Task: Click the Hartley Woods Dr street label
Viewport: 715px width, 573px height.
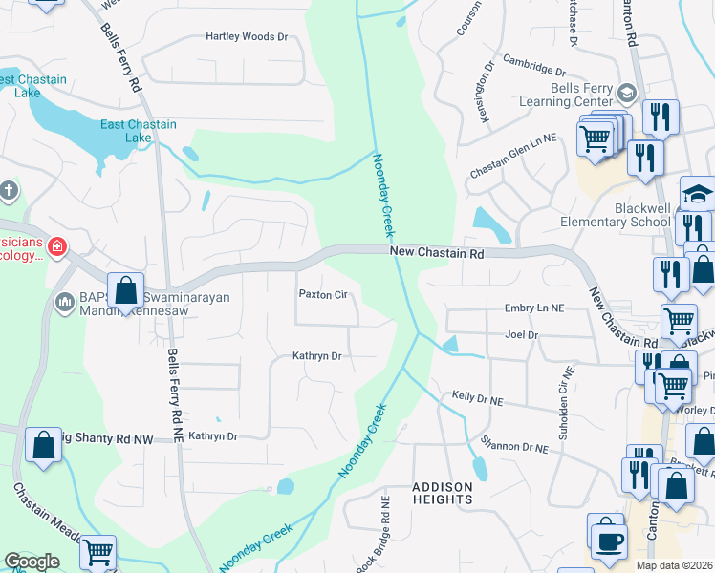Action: click(x=247, y=37)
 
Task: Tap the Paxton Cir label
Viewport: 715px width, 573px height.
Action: click(x=323, y=295)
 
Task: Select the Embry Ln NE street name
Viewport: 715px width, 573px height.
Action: click(x=535, y=308)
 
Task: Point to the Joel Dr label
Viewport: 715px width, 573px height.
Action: click(x=522, y=335)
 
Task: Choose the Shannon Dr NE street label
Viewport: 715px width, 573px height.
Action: click(x=514, y=447)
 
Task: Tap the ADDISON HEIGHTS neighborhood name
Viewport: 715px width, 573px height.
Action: click(x=443, y=493)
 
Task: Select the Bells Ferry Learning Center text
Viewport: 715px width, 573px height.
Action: click(x=567, y=94)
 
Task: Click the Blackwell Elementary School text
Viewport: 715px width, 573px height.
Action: click(x=617, y=215)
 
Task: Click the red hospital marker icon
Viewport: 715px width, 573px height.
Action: click(x=57, y=247)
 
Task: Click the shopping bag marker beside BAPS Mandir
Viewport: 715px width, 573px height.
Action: click(x=126, y=289)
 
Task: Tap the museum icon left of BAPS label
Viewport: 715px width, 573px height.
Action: click(x=66, y=302)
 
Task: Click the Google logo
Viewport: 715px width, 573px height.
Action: click(x=32, y=562)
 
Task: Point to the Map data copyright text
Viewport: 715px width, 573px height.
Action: click(x=674, y=565)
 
